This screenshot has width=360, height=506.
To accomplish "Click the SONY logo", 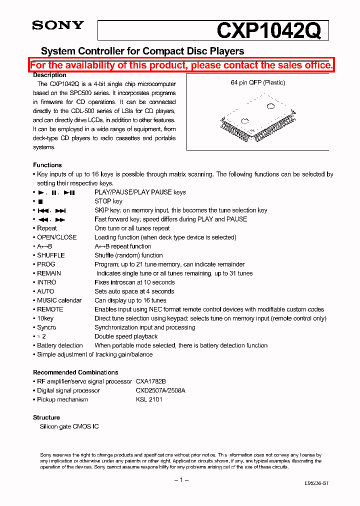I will [58, 25].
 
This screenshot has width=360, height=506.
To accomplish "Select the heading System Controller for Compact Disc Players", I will [142, 51].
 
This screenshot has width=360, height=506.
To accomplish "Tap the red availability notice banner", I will [181, 65].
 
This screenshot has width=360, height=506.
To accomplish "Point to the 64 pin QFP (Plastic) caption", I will [257, 82].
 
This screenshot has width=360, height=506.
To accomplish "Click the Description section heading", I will [49, 75].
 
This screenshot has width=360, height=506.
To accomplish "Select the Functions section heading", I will [47, 165].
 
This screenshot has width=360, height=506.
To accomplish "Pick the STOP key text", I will [108, 201].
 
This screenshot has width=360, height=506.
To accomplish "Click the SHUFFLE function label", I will [51, 255].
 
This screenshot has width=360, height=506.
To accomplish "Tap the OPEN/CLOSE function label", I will [57, 237].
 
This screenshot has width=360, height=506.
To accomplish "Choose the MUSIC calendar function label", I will [59, 300].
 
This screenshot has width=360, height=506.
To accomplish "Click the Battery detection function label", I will [60, 345].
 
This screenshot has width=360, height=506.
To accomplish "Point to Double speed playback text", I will [126, 336].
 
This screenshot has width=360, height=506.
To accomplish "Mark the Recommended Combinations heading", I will [75, 372].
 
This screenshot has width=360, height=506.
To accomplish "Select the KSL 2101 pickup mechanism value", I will [149, 399].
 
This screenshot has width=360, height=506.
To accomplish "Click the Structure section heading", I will [46, 417].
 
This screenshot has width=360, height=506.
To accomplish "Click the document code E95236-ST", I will [316, 483].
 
